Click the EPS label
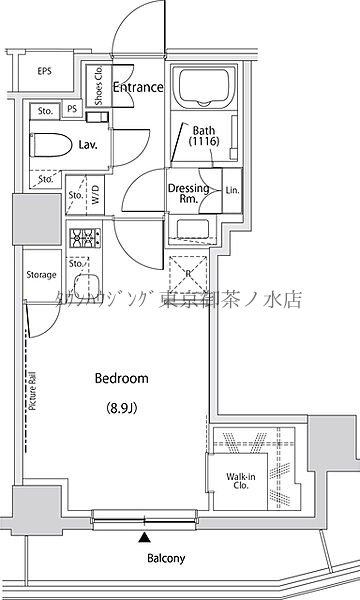45,71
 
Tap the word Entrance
138,88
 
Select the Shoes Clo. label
99,84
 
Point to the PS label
72,110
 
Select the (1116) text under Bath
204,143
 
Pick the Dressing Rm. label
187,194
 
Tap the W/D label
96,197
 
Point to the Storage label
41,274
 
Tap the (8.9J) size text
121,407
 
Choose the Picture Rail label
33,385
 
